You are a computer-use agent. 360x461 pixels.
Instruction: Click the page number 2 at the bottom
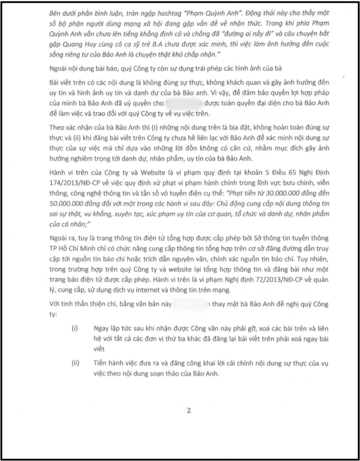(x=188, y=411)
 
